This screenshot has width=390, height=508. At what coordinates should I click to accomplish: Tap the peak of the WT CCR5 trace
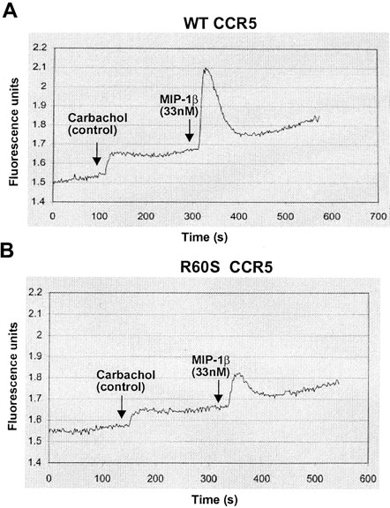click(205, 68)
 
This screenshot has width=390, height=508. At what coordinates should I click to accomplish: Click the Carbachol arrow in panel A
click(96, 155)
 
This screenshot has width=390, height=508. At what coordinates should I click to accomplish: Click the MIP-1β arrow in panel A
click(189, 131)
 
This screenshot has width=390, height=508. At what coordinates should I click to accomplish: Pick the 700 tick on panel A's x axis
click(377, 214)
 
